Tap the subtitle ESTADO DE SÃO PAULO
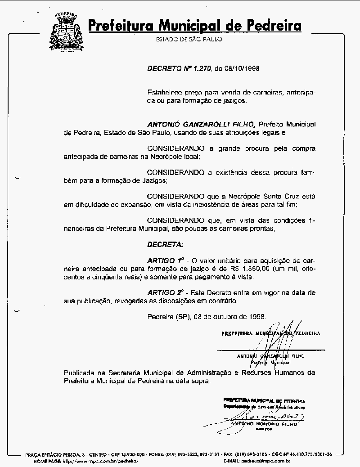click(x=189, y=40)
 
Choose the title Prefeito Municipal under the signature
click(x=270, y=362)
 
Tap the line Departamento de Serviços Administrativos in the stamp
click(x=264, y=406)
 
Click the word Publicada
click(x=79, y=373)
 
